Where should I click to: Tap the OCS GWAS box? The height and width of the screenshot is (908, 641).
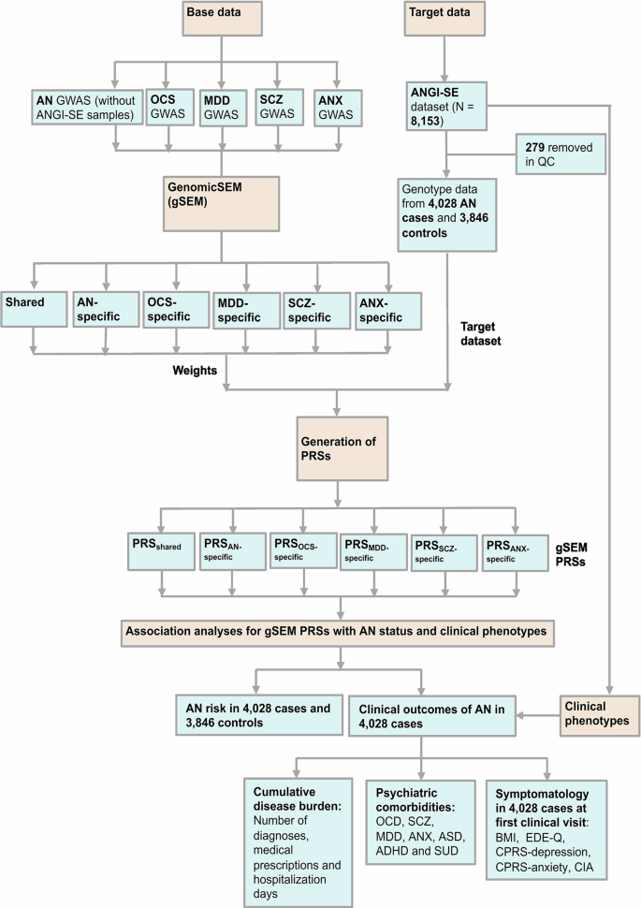pyautogui.click(x=171, y=106)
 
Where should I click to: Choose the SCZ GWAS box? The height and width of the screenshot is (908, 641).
pyautogui.click(x=275, y=106)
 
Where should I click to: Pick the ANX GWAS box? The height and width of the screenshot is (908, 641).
pyautogui.click(x=329, y=106)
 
